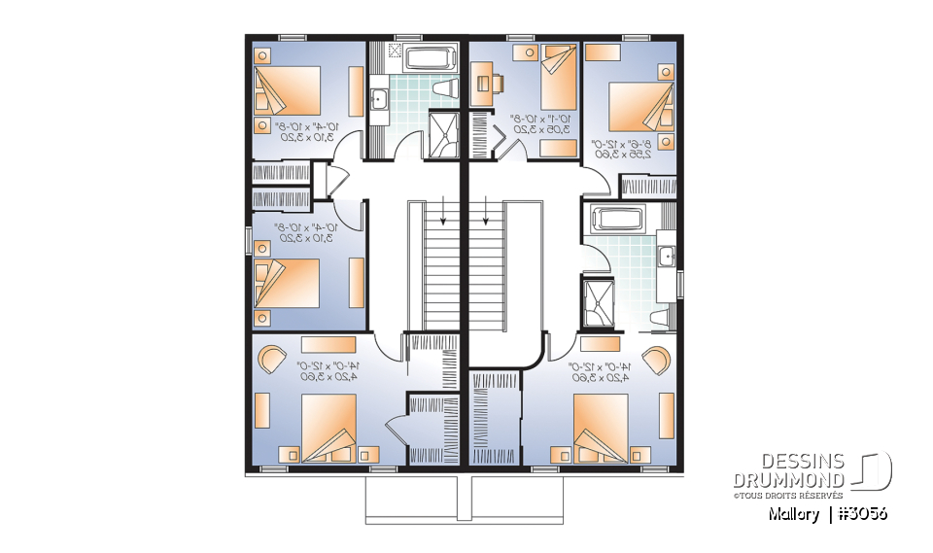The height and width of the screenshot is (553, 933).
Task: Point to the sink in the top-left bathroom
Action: pos(379,98)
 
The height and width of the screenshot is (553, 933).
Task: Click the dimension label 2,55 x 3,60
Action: pos(611,152)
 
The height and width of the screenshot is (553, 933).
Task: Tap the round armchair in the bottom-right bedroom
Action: pos(656,358)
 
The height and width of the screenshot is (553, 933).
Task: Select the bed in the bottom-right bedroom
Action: pos(603,428)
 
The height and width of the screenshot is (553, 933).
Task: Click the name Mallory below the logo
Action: pos(792,512)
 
